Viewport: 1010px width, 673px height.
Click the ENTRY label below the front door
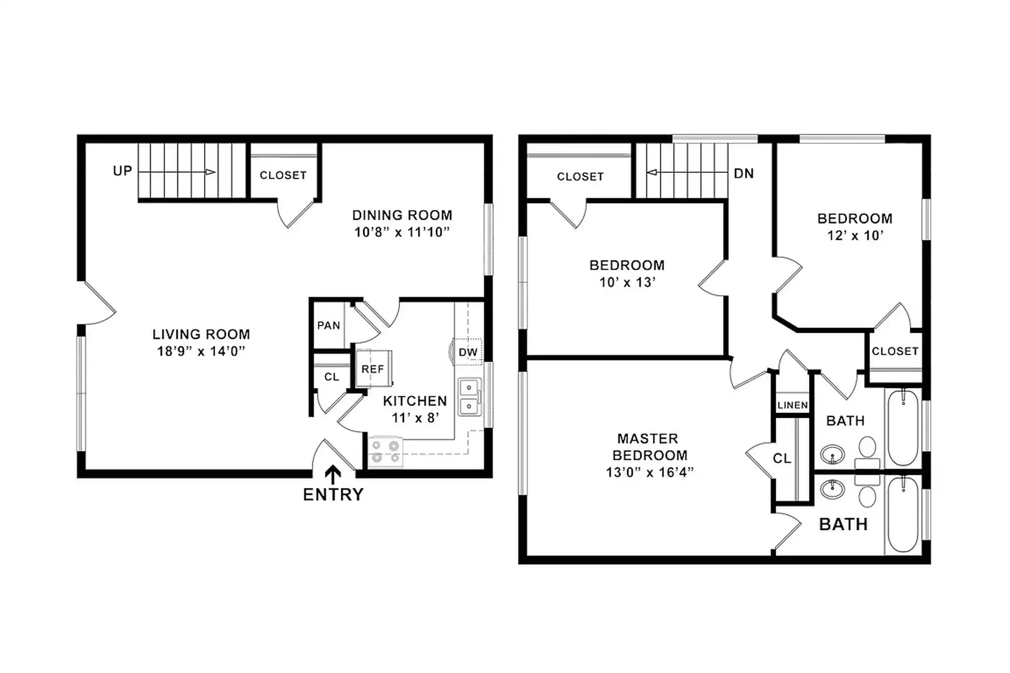click(333, 494)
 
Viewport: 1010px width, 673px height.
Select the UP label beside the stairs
click(123, 171)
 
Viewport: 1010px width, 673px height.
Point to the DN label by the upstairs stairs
click(744, 174)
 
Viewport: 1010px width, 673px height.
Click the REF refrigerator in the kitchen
click(373, 369)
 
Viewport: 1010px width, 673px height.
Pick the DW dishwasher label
click(468, 352)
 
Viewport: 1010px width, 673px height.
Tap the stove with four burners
click(385, 452)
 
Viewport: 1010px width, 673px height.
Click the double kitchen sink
click(469, 397)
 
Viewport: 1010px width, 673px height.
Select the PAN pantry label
click(329, 325)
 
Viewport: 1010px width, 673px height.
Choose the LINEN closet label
click(793, 405)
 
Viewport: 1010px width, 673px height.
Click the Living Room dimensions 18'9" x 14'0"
click(201, 351)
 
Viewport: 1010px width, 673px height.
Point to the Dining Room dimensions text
click(402, 232)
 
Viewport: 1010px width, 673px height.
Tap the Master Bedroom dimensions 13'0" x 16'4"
click(649, 472)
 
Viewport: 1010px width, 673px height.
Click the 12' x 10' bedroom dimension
click(855, 235)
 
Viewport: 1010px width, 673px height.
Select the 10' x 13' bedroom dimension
click(627, 282)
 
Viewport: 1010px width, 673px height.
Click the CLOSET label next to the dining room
click(283, 175)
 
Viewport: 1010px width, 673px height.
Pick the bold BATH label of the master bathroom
click(843, 524)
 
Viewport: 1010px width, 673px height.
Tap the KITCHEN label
click(415, 401)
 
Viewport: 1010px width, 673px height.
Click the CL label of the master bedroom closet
click(782, 458)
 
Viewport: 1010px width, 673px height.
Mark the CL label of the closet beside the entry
click(332, 377)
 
